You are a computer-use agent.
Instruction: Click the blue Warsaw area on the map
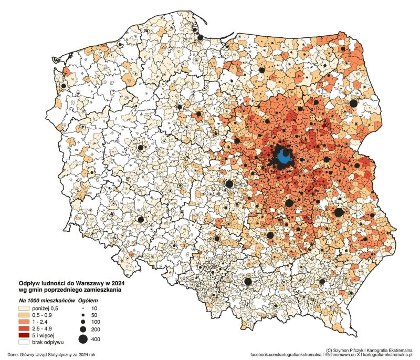click(x=285, y=157)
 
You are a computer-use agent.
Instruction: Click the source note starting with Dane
click(x=51, y=355)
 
